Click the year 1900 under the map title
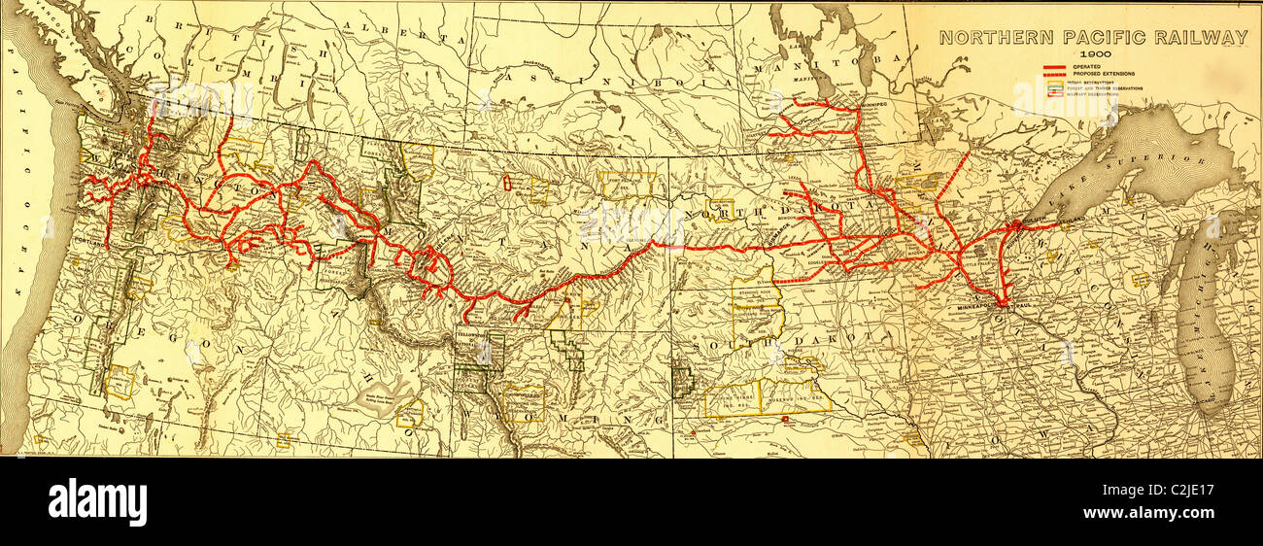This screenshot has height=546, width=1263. pos(1093,54)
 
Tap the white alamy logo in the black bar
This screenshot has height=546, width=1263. pos(97,502)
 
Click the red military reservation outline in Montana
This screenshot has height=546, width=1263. pos(506,183)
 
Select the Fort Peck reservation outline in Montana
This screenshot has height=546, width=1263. pos(628,185)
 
